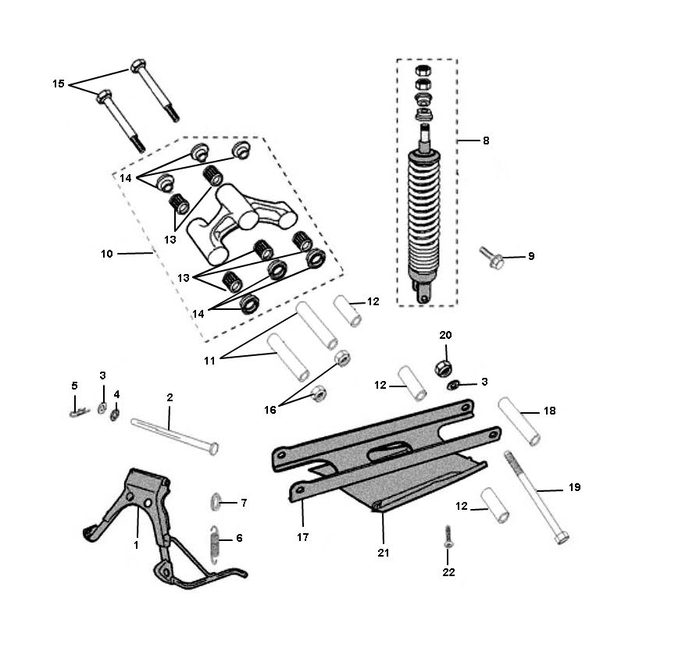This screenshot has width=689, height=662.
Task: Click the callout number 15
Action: click(x=59, y=84)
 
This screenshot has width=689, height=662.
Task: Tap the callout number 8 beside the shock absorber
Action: click(x=486, y=141)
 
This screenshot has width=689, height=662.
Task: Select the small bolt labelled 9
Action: click(x=492, y=257)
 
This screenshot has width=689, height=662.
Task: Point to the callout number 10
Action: click(x=107, y=254)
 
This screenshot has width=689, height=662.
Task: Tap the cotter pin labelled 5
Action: click(x=77, y=411)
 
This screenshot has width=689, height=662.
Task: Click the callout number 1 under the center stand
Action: click(x=136, y=545)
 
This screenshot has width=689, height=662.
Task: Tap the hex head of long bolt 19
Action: click(x=560, y=538)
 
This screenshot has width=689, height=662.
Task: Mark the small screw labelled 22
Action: click(x=447, y=536)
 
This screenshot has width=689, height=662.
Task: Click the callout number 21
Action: click(x=384, y=552)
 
